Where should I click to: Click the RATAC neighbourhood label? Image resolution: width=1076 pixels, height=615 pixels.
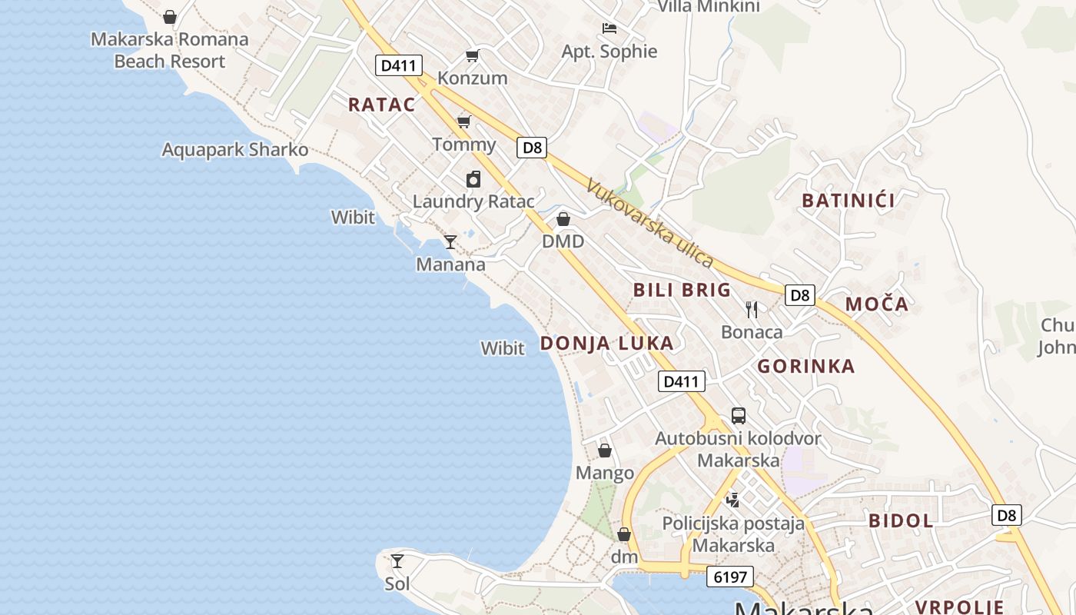(x=381, y=105)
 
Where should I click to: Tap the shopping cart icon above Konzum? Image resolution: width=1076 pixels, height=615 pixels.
(x=472, y=56)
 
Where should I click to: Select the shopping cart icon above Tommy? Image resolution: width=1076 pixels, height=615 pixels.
(x=463, y=121)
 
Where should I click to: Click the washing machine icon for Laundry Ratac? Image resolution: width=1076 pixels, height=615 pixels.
(x=473, y=179)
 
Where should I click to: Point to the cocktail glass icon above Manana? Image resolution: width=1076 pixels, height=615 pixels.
(x=450, y=242)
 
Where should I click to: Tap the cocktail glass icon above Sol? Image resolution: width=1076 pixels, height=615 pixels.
(x=397, y=561)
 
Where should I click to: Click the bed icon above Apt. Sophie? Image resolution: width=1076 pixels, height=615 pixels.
(x=609, y=29)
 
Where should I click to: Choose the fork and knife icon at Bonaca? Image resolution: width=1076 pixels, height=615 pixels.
(x=752, y=310)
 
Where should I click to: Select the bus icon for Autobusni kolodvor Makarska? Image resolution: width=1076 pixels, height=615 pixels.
(x=739, y=416)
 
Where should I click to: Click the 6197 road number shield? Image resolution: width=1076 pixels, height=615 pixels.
(x=730, y=577)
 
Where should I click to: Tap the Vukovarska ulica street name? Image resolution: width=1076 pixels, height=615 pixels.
(x=649, y=223)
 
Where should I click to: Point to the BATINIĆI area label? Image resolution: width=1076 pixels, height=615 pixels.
(x=849, y=201)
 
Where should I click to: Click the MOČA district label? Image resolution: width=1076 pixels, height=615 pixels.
(x=877, y=304)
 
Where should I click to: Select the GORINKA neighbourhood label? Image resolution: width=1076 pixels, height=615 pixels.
(x=806, y=367)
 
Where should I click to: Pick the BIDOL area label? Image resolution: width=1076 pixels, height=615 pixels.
(x=901, y=521)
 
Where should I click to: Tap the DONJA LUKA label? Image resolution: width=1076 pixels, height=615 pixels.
(x=606, y=344)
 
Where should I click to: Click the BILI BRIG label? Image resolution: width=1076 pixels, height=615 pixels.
(x=682, y=291)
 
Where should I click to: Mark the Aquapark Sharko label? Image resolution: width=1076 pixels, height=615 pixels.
(x=235, y=150)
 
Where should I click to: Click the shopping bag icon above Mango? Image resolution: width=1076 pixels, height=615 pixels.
(x=605, y=450)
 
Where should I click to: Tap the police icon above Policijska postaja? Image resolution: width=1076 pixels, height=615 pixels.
(x=733, y=500)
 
